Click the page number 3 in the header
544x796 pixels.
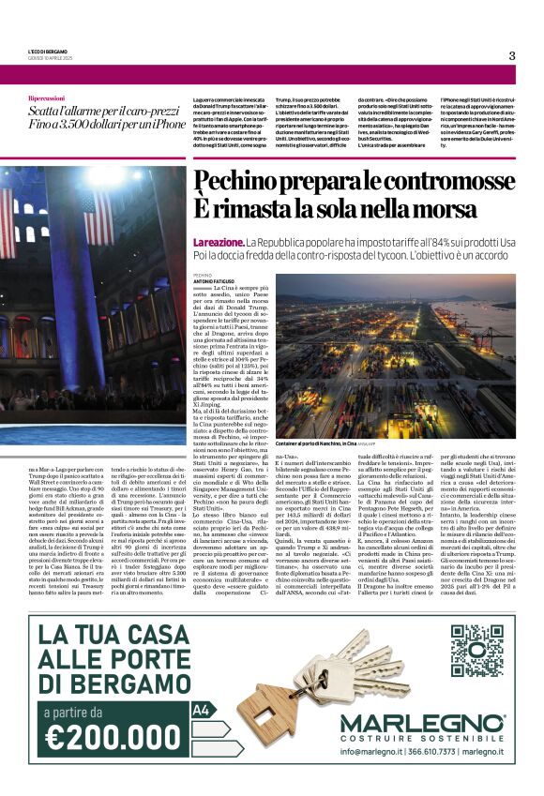(512, 55)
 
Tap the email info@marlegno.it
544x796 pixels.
(369, 752)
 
